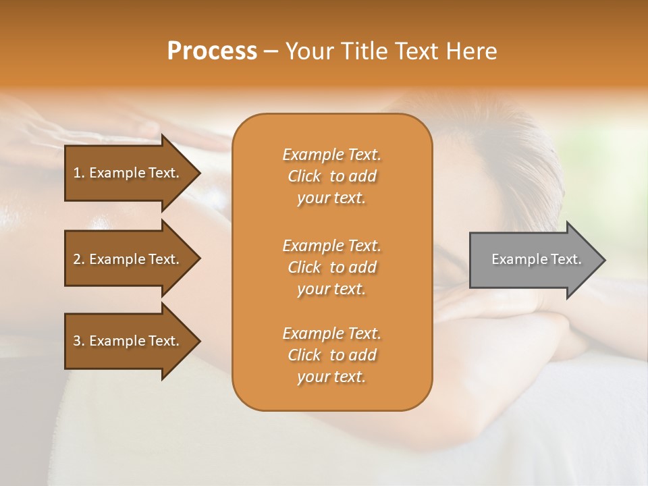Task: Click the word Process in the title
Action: pos(212,51)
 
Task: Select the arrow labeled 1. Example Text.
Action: pos(128,173)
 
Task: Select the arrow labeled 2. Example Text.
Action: pos(128,259)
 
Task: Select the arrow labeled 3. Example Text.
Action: pos(128,341)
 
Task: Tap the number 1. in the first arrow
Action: pos(78,173)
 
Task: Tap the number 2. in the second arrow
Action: pos(78,259)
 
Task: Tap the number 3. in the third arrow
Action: pos(78,341)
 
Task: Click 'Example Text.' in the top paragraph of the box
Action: pos(331,155)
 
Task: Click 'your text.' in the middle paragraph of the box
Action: pos(331,289)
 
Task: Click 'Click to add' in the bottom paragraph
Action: pos(331,355)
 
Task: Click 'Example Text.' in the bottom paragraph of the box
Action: pos(331,333)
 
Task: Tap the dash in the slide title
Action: pos(271,51)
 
